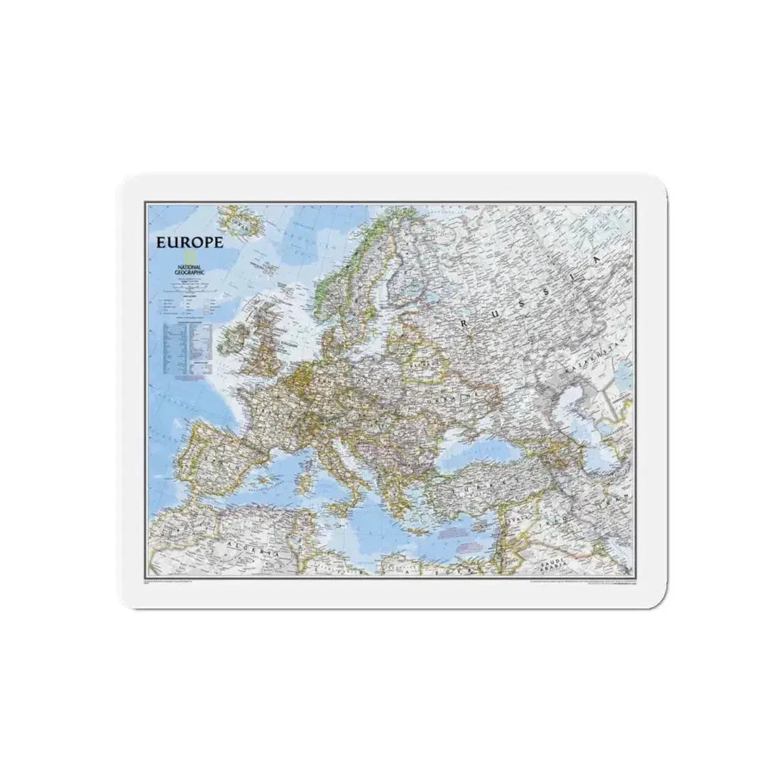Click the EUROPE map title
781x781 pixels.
coord(190,241)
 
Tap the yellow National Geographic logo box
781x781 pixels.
coord(189,256)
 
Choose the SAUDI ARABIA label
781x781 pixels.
coord(552,547)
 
